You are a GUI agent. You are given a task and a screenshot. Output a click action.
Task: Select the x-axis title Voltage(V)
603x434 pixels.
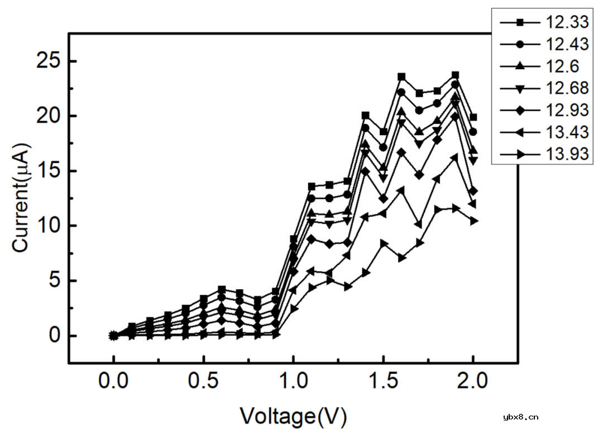293,416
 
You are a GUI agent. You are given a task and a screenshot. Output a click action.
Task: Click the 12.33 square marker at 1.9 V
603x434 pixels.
456,75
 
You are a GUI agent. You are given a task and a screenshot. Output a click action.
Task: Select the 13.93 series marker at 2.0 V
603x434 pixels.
473,221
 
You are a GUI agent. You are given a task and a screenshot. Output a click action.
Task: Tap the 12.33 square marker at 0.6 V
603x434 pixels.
222,289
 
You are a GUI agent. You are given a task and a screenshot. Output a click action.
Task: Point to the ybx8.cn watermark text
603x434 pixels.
520,417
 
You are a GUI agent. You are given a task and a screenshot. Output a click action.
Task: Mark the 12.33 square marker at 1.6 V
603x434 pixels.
401,77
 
